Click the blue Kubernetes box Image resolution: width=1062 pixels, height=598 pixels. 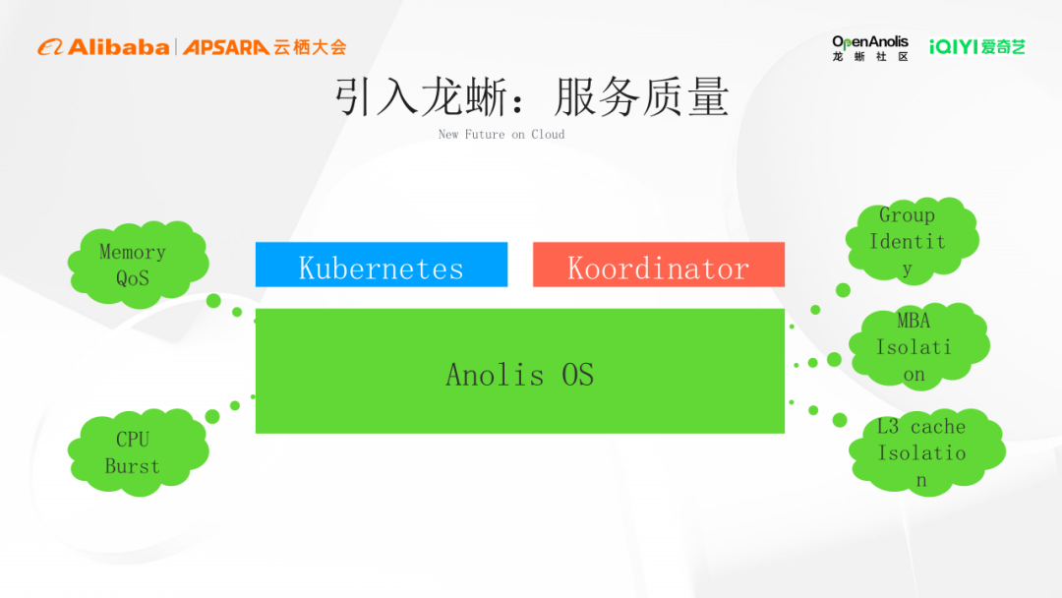tap(382, 265)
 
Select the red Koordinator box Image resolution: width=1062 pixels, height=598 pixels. tap(658, 265)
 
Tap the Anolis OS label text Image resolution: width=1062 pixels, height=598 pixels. tap(519, 375)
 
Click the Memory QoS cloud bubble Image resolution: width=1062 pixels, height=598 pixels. tap(139, 265)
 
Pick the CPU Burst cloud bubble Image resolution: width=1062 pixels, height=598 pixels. tap(139, 451)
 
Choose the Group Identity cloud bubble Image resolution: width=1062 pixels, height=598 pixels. tap(913, 240)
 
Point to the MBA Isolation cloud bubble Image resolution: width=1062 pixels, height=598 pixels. tap(919, 346)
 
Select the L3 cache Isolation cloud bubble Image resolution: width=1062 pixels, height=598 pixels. tap(926, 451)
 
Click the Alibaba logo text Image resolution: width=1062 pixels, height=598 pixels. tap(103, 47)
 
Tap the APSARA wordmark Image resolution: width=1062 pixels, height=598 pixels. tap(226, 47)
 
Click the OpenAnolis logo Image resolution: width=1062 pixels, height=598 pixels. tap(870, 48)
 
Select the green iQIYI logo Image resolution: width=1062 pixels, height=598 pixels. tap(977, 47)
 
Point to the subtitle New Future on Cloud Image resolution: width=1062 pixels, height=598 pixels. tap(501, 134)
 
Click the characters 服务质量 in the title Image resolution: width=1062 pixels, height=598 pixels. tap(641, 97)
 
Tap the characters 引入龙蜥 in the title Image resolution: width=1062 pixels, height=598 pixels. tap(423, 97)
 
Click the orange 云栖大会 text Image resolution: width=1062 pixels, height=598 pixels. tap(310, 47)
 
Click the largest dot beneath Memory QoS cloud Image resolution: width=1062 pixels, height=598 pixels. tap(213, 301)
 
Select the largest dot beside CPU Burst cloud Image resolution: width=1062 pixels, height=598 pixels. tap(212, 416)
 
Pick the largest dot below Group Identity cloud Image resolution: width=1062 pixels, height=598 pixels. tap(843, 290)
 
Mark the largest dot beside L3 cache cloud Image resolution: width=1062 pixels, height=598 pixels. tap(840, 421)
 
